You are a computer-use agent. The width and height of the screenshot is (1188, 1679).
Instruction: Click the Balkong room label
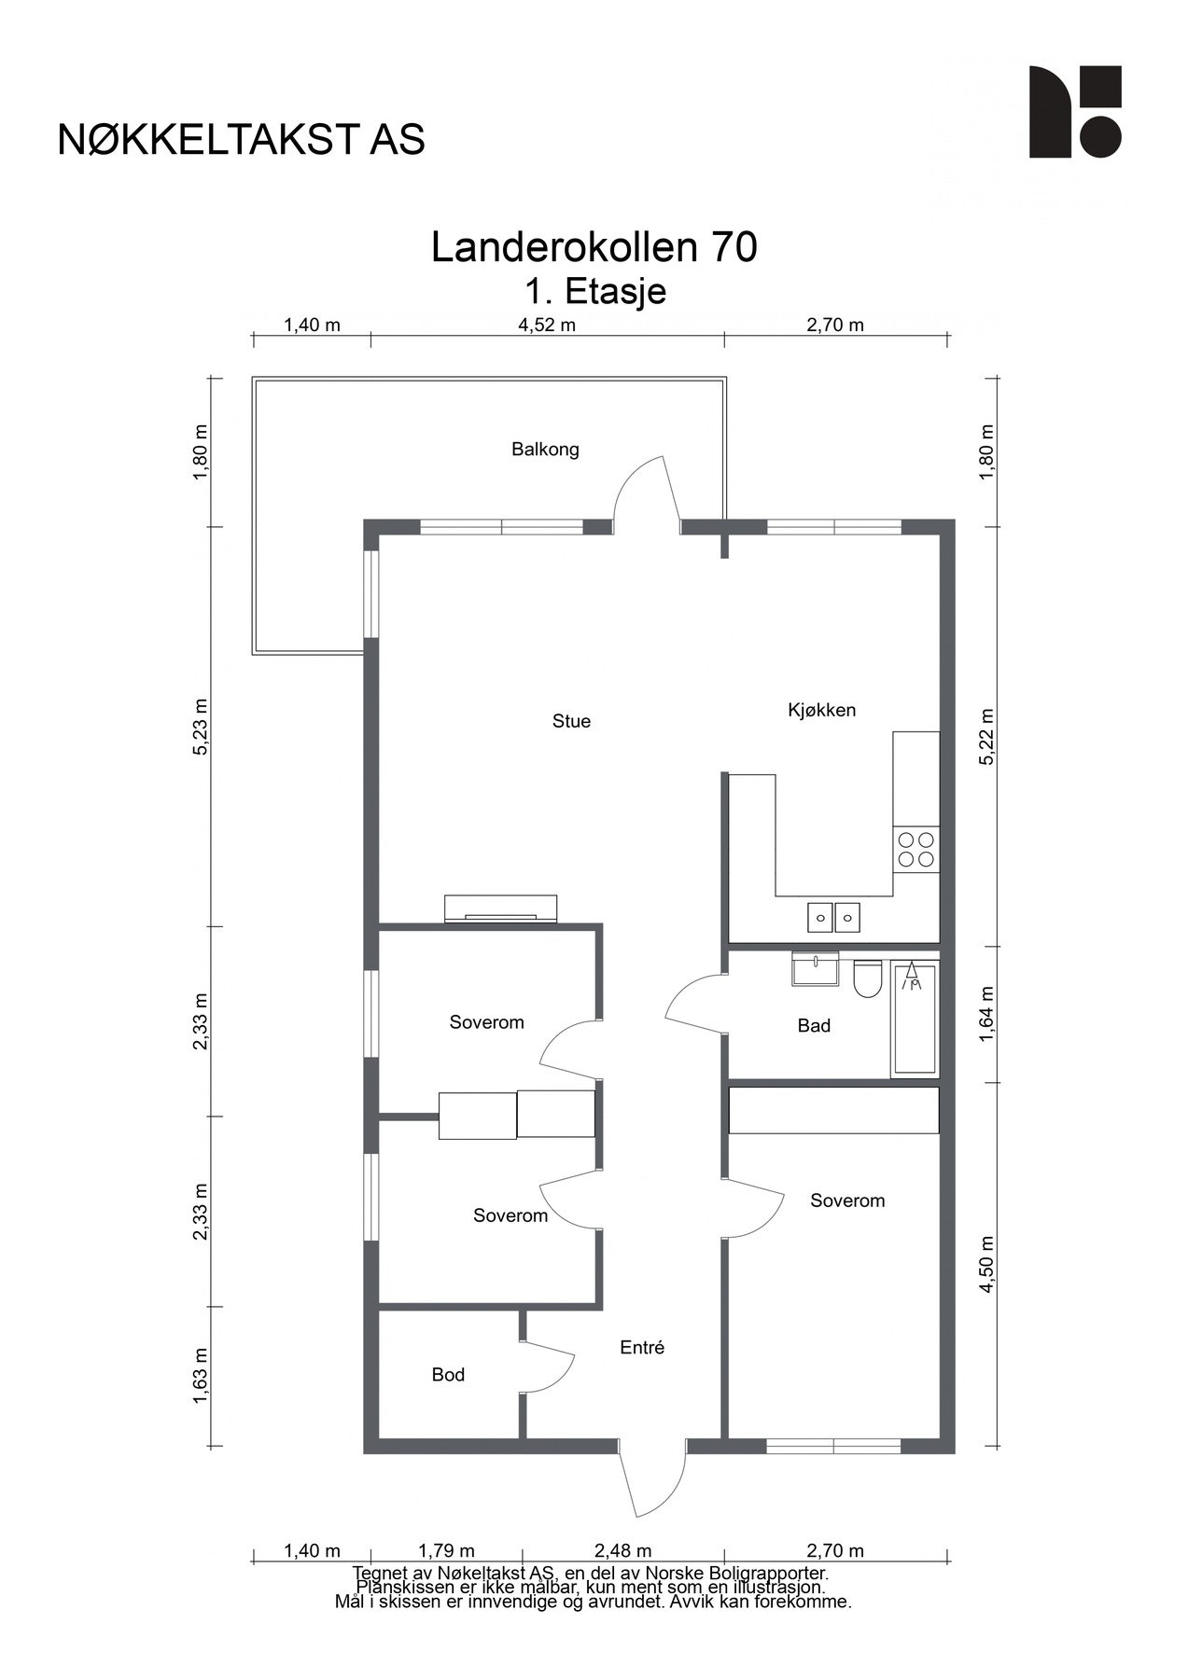click(x=545, y=450)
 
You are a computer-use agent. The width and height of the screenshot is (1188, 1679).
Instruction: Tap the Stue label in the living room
click(x=571, y=721)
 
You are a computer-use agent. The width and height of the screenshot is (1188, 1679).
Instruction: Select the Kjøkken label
click(x=821, y=710)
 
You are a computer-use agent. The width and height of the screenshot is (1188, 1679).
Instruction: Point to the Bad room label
click(x=814, y=1026)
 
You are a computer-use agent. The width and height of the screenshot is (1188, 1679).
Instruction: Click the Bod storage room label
click(x=448, y=1375)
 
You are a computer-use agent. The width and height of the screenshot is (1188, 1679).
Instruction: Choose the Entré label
click(x=642, y=1348)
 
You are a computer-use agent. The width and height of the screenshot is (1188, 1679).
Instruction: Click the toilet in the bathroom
click(x=868, y=978)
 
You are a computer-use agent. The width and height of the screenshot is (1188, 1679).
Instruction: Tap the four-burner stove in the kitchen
click(x=915, y=850)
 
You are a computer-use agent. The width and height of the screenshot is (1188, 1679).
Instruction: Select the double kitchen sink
click(x=833, y=918)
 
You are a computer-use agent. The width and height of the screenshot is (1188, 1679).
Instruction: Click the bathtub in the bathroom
click(x=915, y=1018)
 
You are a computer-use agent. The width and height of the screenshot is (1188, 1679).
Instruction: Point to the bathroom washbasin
click(x=815, y=968)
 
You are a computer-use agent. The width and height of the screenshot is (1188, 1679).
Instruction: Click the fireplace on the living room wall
click(x=501, y=909)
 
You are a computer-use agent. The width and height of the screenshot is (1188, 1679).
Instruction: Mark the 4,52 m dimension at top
click(x=547, y=326)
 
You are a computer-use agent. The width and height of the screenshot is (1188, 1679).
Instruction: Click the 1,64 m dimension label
click(x=988, y=1014)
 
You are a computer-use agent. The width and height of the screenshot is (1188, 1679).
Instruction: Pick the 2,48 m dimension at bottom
click(x=623, y=1551)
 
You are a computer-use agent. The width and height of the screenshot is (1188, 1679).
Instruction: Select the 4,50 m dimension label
click(x=988, y=1264)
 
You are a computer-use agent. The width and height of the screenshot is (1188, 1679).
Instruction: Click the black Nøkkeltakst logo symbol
click(x=1075, y=112)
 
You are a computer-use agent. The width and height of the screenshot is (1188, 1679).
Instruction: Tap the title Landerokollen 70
click(x=594, y=247)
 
